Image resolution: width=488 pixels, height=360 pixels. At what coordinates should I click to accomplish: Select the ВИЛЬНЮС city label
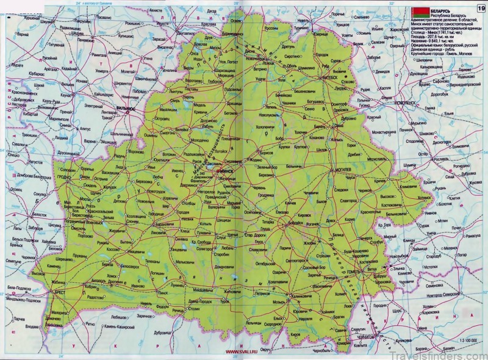(126, 109)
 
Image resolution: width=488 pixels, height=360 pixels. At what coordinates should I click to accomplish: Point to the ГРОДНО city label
(65, 178)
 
